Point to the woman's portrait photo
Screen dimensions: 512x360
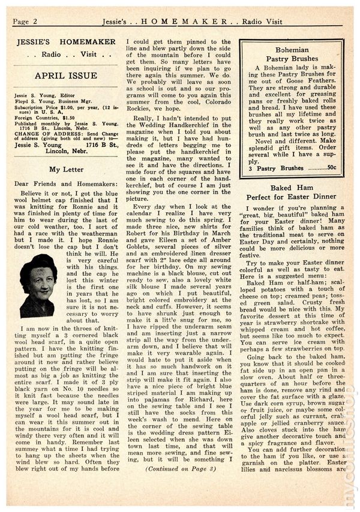point(38,285)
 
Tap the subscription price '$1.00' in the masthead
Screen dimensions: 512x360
point(62,112)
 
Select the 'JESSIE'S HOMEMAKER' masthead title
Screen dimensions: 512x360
point(67,43)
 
